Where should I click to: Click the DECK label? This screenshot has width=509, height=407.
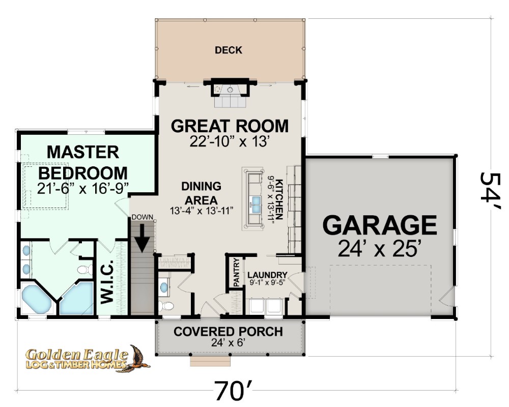(x=229, y=50)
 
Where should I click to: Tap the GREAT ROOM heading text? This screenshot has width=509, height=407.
(x=230, y=126)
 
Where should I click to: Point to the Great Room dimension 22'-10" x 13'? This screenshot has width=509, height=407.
(x=230, y=141)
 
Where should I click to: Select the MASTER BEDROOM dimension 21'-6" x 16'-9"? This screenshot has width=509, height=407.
(x=83, y=188)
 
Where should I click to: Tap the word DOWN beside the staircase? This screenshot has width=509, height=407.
(x=142, y=217)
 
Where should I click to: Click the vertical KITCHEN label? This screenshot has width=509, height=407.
(x=279, y=199)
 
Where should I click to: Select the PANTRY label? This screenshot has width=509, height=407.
(x=237, y=272)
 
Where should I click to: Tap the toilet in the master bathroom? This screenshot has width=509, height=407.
(x=84, y=270)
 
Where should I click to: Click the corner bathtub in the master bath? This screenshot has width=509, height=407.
(x=36, y=299)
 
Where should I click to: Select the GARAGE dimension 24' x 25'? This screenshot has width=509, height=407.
(x=380, y=249)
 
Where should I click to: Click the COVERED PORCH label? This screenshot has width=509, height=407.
(x=228, y=332)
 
